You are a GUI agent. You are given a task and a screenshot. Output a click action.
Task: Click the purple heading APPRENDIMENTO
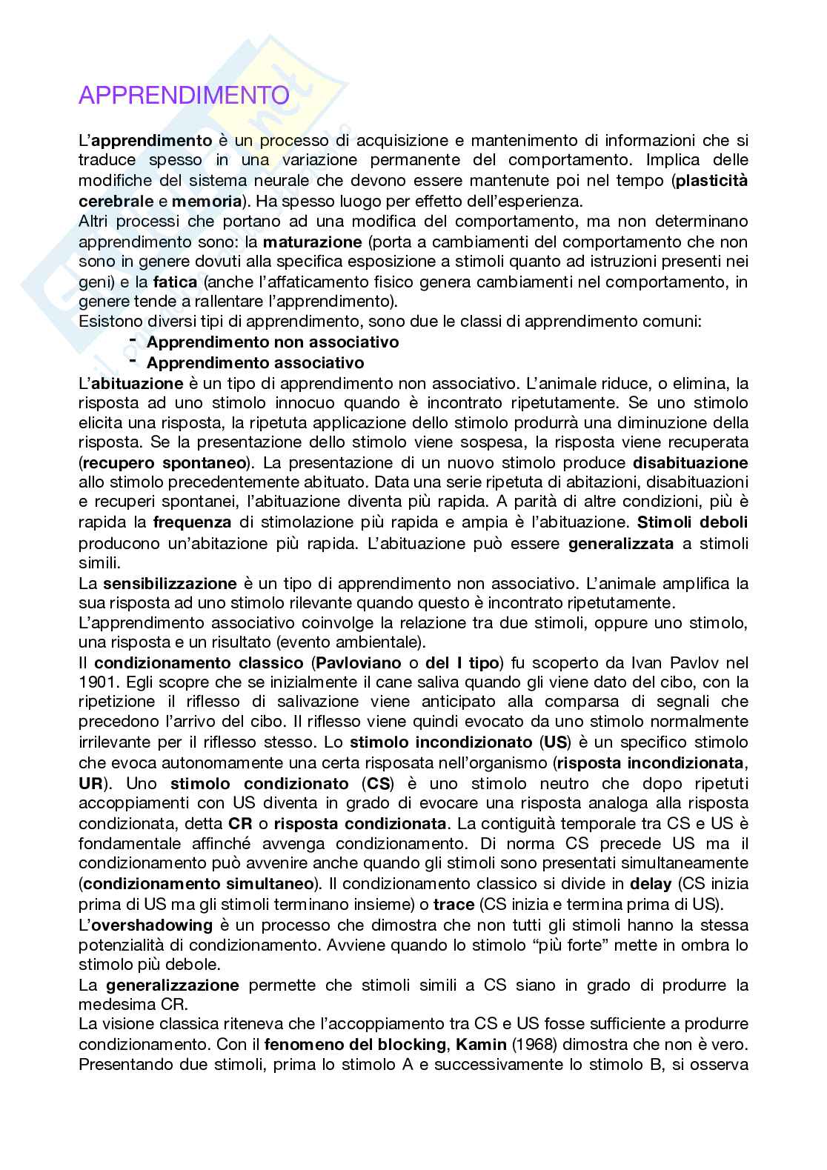184,96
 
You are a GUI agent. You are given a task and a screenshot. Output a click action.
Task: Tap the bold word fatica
176,282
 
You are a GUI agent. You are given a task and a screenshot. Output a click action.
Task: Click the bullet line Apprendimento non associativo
273,342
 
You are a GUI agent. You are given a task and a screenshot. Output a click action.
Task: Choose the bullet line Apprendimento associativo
255,362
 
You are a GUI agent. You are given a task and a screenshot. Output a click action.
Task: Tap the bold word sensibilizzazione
170,583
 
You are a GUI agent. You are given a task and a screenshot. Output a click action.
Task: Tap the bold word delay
650,883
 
